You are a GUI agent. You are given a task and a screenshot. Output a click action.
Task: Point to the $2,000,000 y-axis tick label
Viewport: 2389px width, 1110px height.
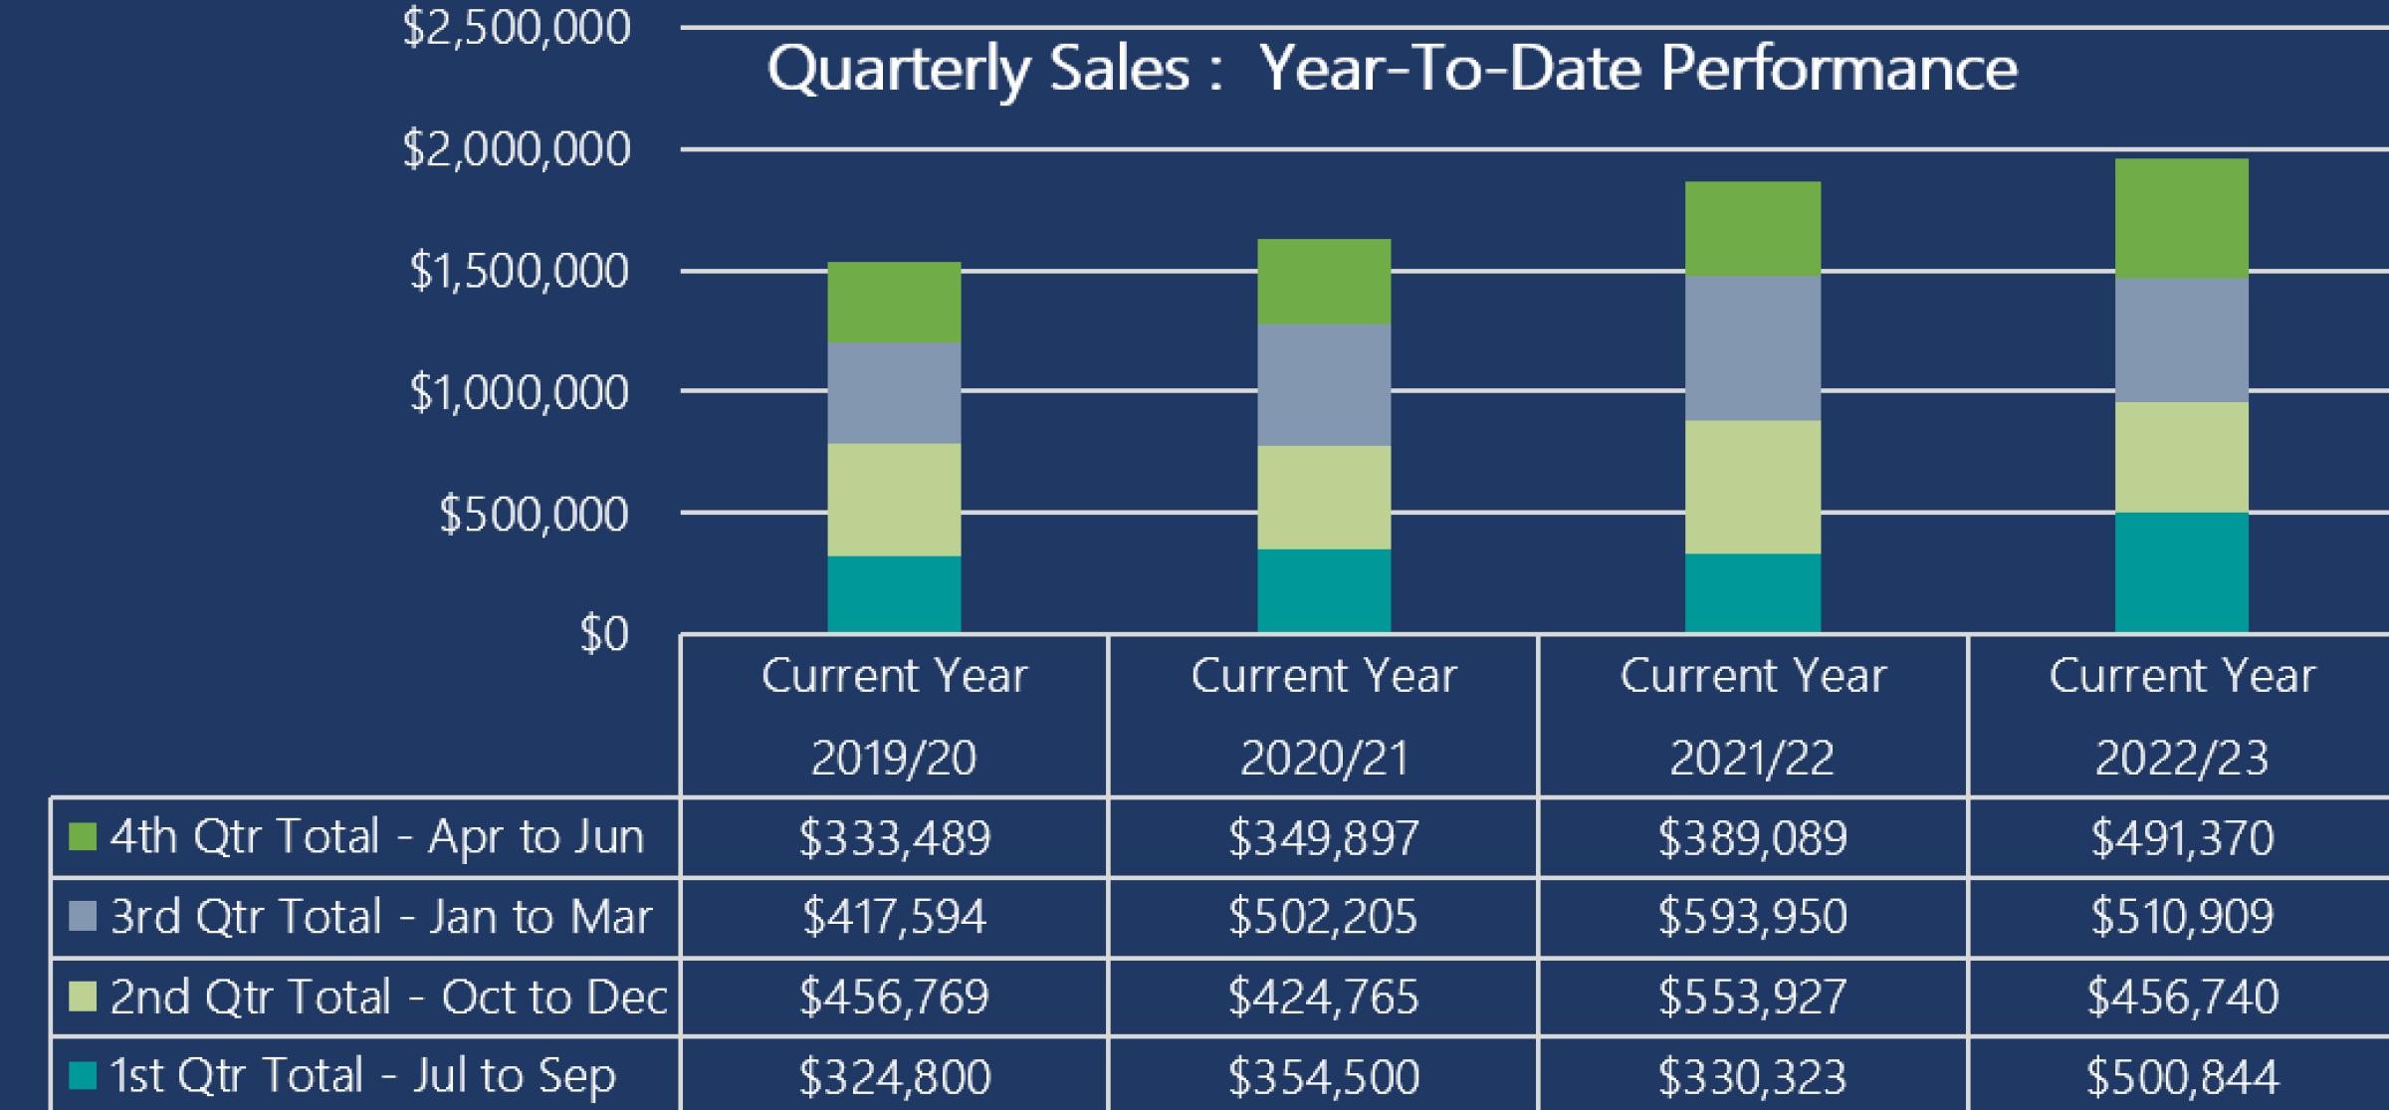coord(517,150)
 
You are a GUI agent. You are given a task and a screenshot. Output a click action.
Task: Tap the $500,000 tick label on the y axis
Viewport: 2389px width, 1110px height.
coord(534,515)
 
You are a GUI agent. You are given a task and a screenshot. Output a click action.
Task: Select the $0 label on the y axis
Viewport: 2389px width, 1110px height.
coord(604,634)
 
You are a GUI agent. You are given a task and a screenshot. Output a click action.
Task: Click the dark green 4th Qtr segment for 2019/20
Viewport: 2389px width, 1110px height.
coord(894,303)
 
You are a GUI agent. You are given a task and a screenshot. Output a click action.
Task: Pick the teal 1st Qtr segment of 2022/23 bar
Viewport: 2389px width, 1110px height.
coord(2181,572)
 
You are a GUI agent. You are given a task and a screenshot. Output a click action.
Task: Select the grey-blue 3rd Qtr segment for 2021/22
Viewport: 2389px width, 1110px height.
coord(1752,348)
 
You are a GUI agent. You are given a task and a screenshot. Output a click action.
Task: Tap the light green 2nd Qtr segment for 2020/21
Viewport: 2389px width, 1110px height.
coord(1323,497)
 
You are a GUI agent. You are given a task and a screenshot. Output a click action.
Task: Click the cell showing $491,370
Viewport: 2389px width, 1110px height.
coord(2181,837)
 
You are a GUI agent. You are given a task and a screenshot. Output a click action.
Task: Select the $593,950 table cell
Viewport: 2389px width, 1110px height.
coord(1752,917)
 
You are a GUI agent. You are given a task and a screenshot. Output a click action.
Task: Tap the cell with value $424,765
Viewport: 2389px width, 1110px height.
coord(1323,997)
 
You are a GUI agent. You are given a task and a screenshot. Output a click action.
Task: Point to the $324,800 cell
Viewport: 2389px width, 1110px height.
coord(894,1076)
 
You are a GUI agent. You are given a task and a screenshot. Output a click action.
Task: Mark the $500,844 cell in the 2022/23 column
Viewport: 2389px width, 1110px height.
coord(2181,1076)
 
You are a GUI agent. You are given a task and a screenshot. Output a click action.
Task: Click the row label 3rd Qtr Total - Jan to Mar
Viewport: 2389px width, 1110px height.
coord(381,917)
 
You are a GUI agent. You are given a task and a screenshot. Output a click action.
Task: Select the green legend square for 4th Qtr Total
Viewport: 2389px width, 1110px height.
coord(83,836)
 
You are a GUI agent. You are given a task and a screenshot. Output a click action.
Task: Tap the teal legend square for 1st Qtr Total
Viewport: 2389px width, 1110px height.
coord(83,1075)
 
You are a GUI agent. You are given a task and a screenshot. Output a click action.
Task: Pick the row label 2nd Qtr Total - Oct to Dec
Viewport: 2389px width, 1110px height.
coord(388,997)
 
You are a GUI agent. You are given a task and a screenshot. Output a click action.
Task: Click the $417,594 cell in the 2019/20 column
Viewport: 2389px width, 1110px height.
coord(894,917)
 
